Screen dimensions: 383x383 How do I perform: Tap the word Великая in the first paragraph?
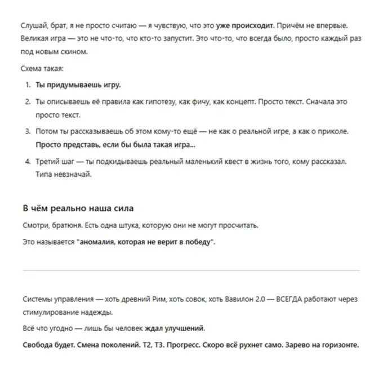[x=34, y=39]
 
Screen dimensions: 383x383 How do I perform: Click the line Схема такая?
[x=42, y=68]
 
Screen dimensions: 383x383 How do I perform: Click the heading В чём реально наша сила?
[x=78, y=208]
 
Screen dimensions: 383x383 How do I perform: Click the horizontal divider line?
[x=191, y=270]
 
